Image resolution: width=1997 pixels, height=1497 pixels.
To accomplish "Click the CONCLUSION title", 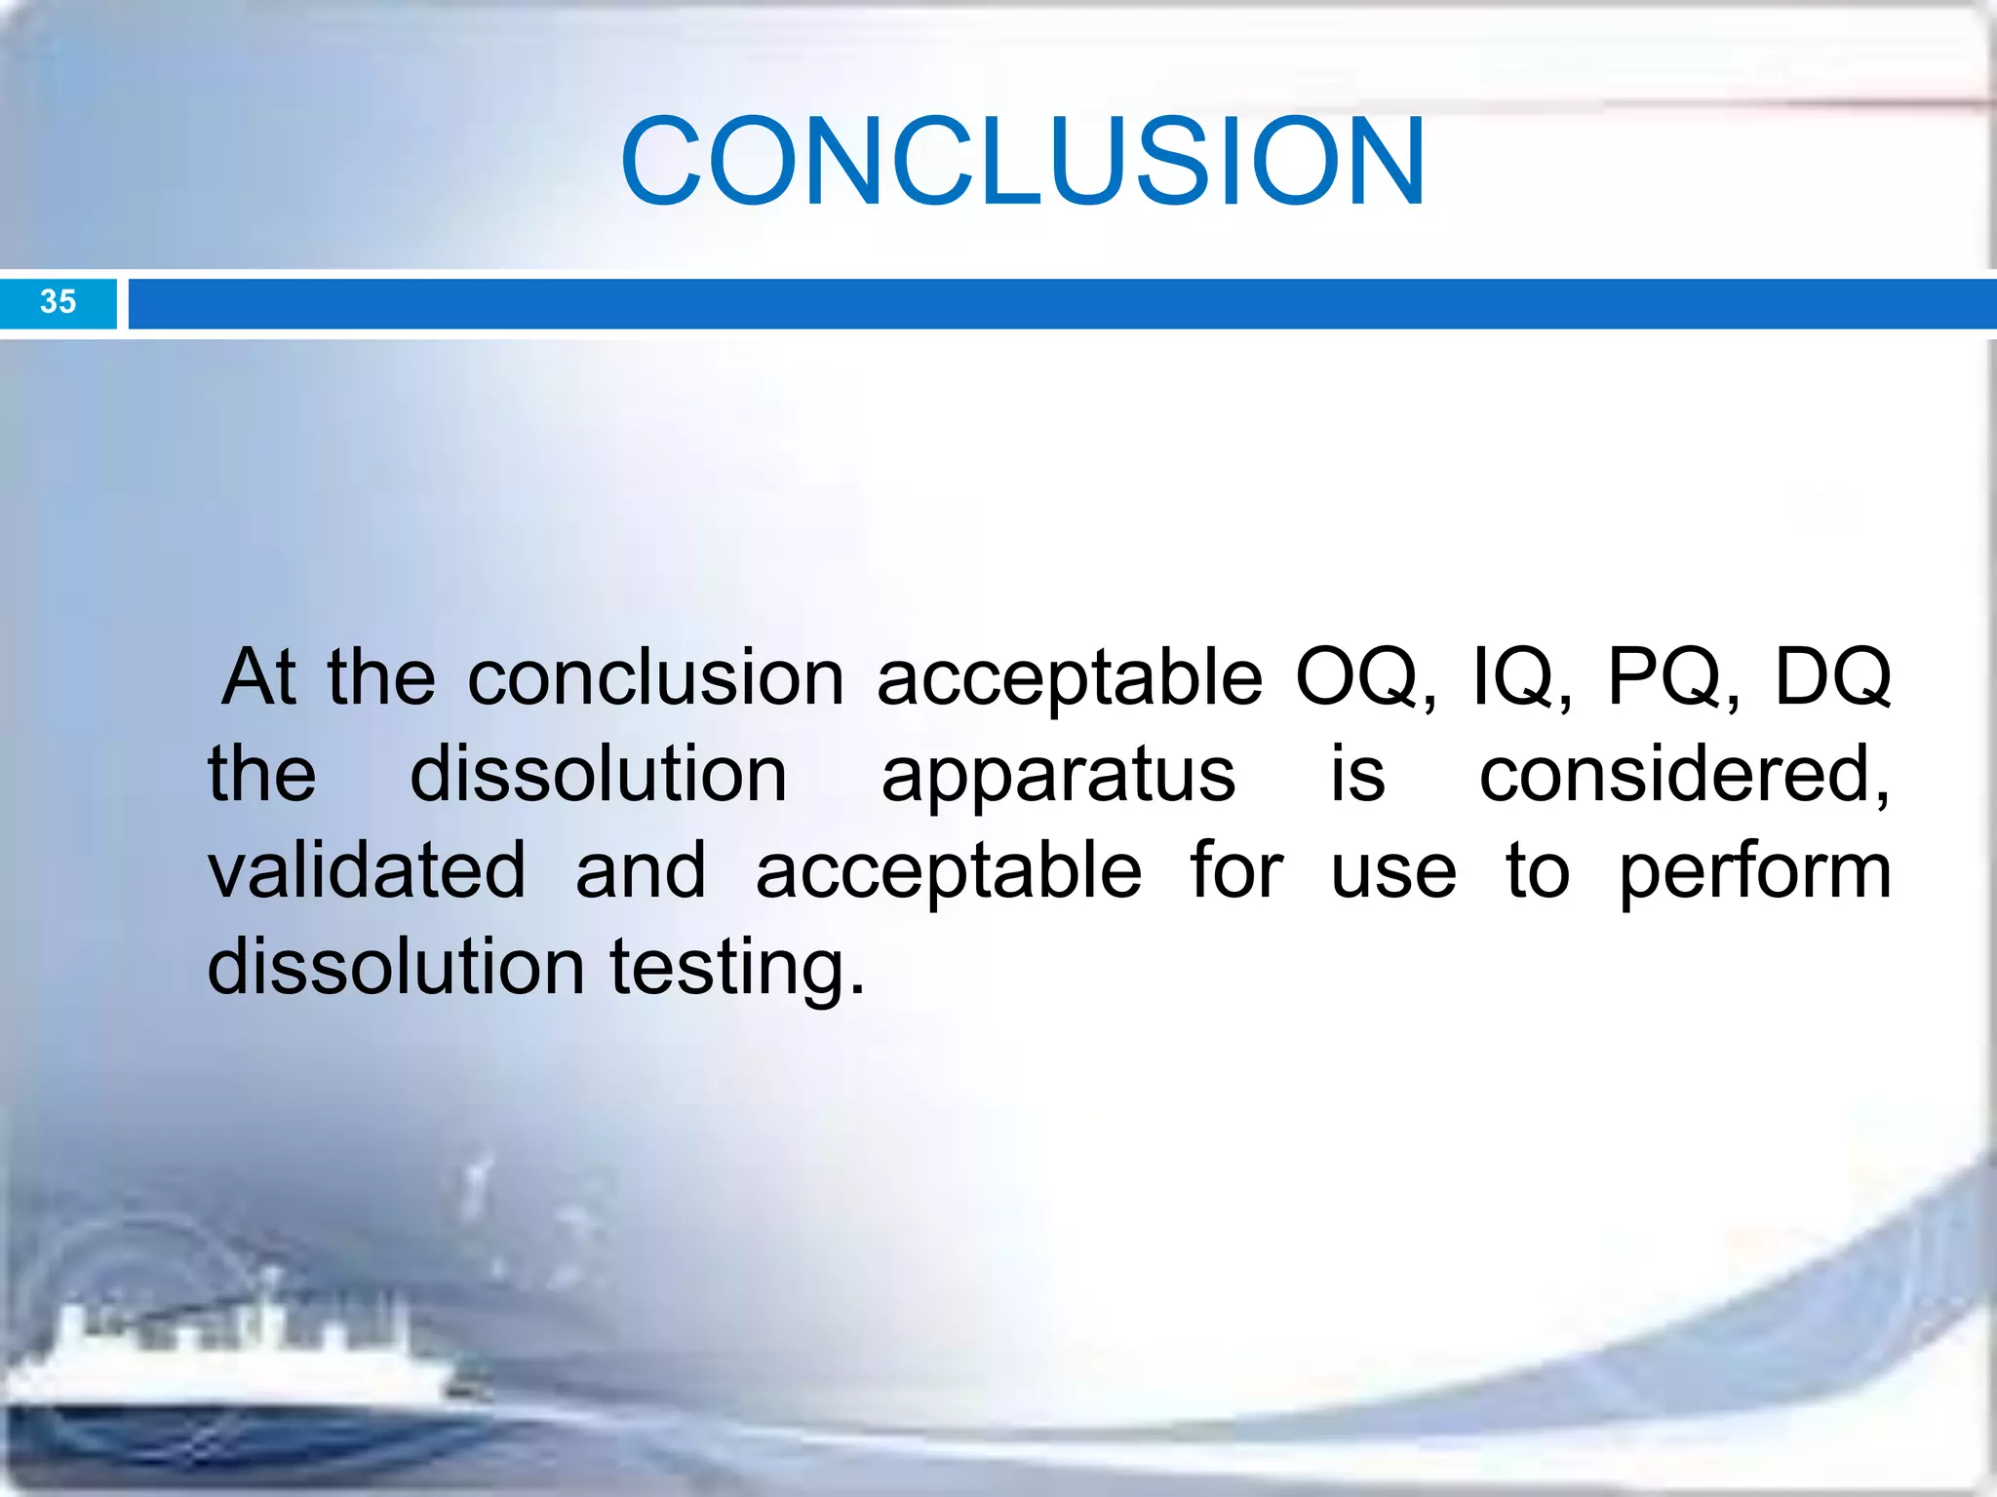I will coord(1023,162).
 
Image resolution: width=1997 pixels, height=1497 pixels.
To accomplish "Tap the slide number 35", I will coord(58,302).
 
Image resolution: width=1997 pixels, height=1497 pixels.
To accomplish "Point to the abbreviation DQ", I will coord(1831,678).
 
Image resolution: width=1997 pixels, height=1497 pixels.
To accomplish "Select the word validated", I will coord(367,870).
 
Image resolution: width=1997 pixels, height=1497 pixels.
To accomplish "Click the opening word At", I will coord(258,677).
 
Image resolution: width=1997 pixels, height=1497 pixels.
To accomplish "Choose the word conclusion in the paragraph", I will coord(655,678).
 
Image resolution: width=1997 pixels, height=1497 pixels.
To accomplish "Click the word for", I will coord(1235,869).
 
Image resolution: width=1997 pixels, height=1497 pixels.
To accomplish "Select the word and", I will coord(640,870).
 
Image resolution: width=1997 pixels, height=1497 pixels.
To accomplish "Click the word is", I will coord(1357,775).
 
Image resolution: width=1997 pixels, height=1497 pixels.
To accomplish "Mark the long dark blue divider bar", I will coord(1061,304).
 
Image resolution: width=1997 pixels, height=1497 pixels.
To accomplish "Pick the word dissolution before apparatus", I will coord(598,775).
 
